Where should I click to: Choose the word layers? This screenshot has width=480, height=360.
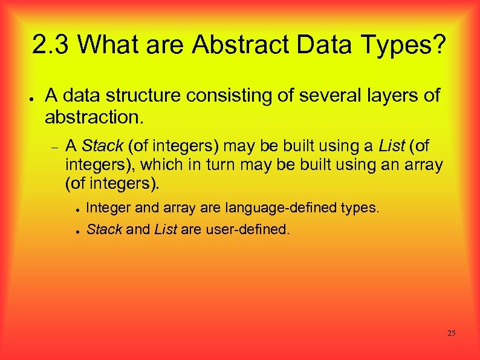(378, 96)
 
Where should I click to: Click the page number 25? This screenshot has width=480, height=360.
(452, 333)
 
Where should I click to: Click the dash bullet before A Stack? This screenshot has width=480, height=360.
(53, 146)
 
